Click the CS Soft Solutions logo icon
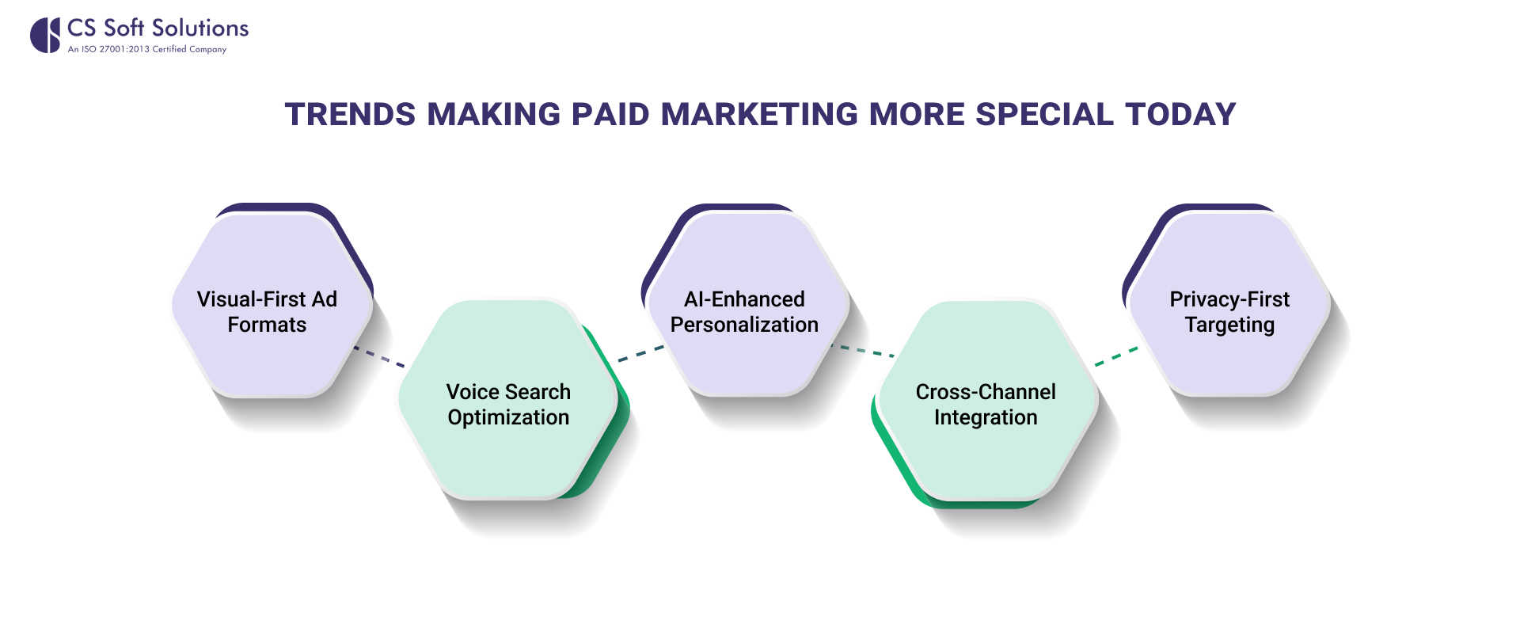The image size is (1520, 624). (x=45, y=36)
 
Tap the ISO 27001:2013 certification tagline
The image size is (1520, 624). (x=147, y=49)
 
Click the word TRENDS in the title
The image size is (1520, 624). (x=350, y=115)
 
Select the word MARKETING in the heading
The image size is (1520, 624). (x=759, y=115)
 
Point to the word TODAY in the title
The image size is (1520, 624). (x=1180, y=115)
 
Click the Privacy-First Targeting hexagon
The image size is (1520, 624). (x=1229, y=305)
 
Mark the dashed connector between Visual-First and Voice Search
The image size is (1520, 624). (x=378, y=356)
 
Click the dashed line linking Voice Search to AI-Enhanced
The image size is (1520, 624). (x=641, y=353)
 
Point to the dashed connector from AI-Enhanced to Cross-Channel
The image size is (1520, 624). (x=862, y=351)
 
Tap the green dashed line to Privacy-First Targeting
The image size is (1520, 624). (x=1116, y=356)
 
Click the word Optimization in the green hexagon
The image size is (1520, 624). (x=508, y=418)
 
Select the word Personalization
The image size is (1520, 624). (x=744, y=325)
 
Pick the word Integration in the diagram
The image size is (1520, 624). (x=986, y=418)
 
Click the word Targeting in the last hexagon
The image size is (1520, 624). (x=1229, y=325)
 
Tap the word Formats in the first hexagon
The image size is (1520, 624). (x=267, y=325)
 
